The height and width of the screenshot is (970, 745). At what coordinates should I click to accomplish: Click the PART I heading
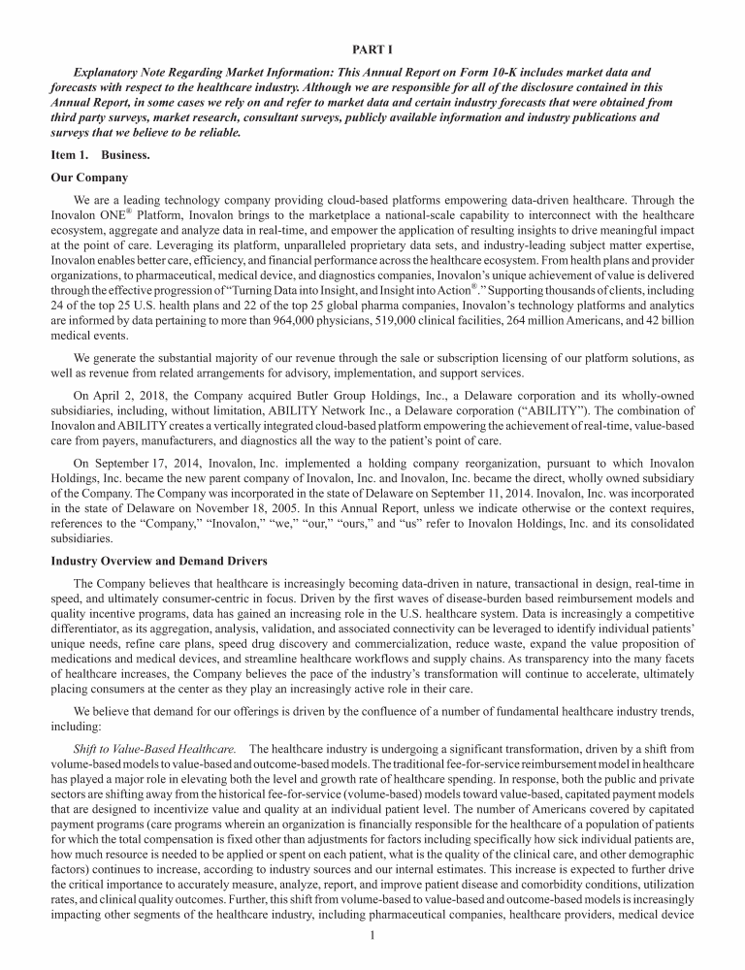[372, 48]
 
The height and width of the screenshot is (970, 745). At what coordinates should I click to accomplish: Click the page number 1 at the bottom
[372, 935]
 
